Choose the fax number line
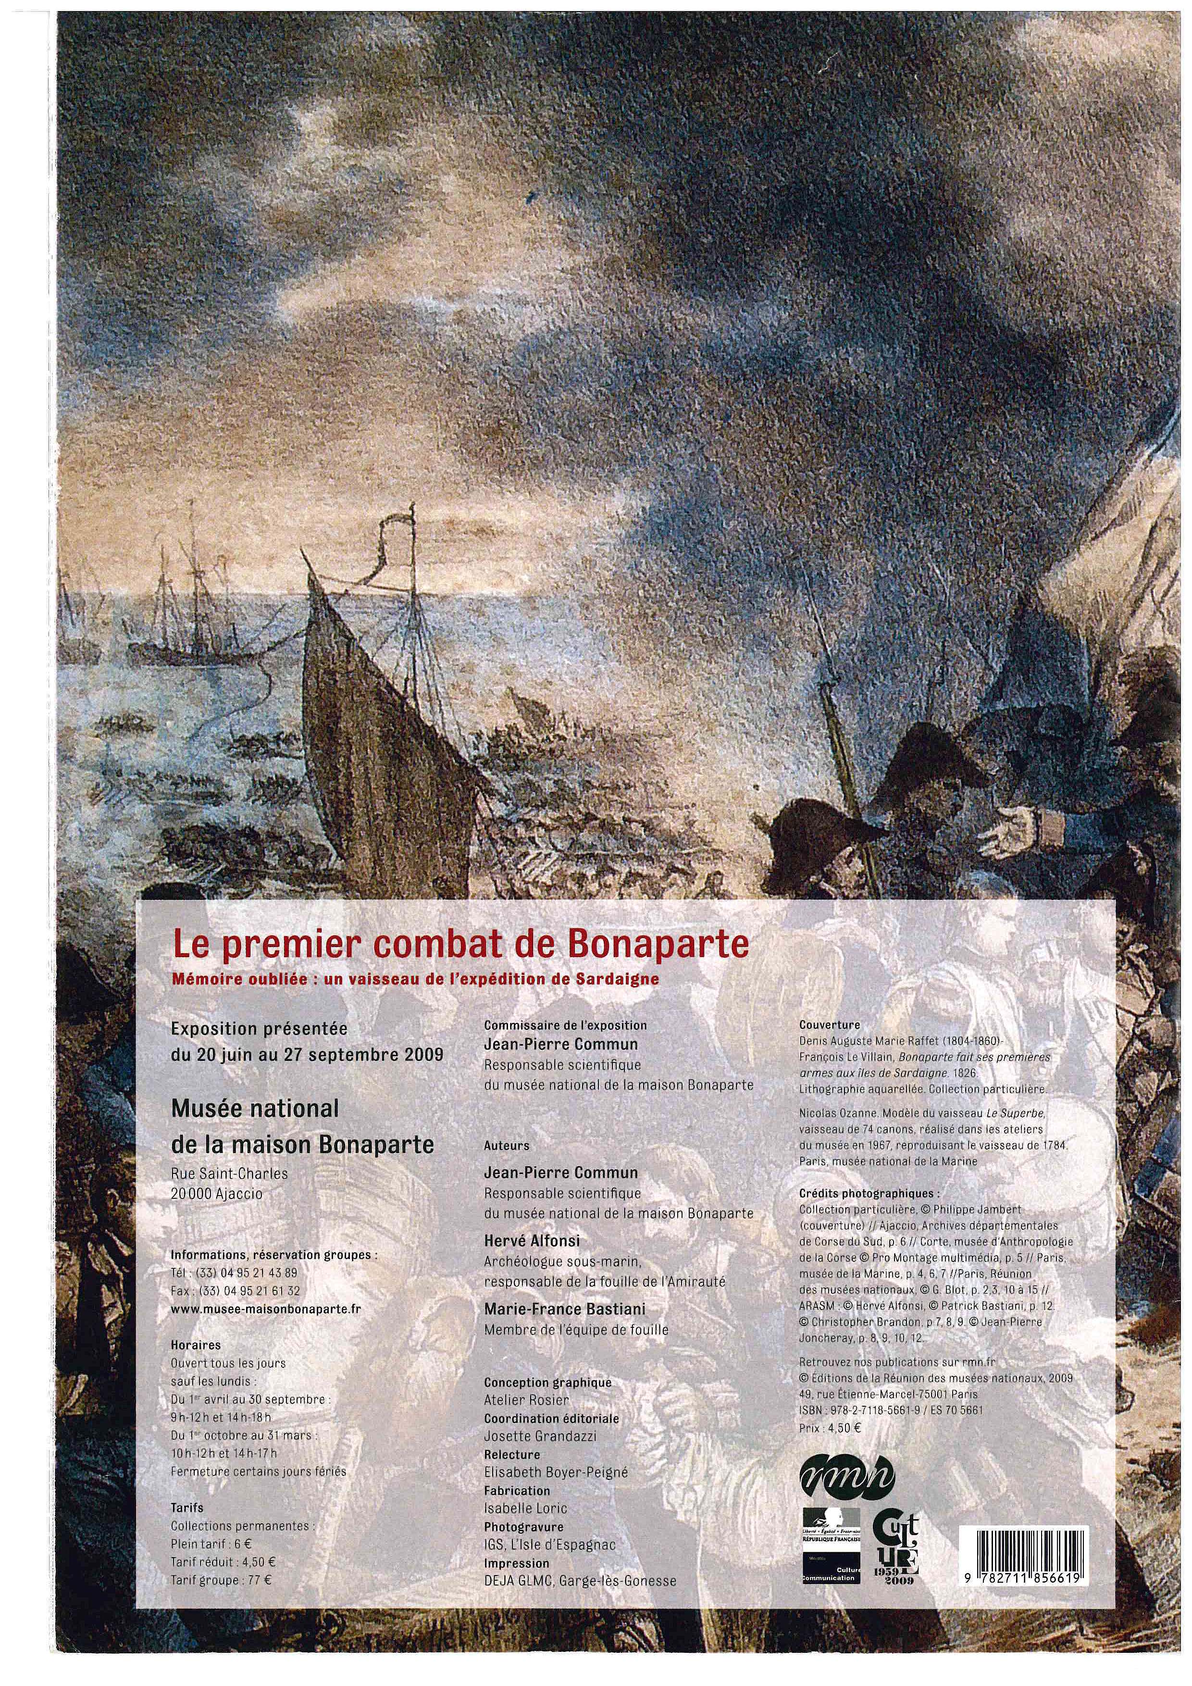point(235,1290)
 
